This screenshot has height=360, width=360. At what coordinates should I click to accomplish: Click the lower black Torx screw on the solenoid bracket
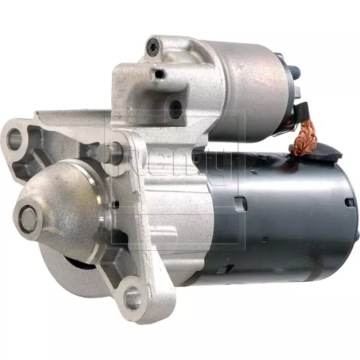tap(175, 105)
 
